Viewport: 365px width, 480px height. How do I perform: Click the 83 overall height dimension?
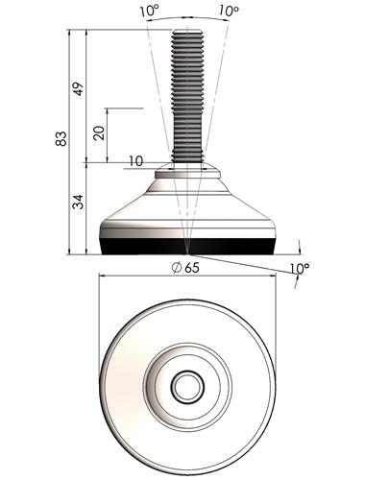click(x=61, y=138)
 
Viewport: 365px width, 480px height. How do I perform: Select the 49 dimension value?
click(x=78, y=89)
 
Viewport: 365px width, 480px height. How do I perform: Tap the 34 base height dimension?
click(x=78, y=202)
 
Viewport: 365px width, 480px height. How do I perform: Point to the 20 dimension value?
click(x=100, y=132)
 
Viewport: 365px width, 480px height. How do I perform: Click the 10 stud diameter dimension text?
click(x=136, y=161)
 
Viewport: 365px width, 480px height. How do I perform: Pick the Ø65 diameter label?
click(x=185, y=268)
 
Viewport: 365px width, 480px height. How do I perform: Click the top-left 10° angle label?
click(x=149, y=11)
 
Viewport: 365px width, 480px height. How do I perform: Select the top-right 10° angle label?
click(x=230, y=11)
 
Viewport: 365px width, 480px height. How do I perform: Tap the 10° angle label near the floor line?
click(x=300, y=268)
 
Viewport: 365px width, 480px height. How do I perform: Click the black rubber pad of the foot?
click(x=187, y=247)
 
